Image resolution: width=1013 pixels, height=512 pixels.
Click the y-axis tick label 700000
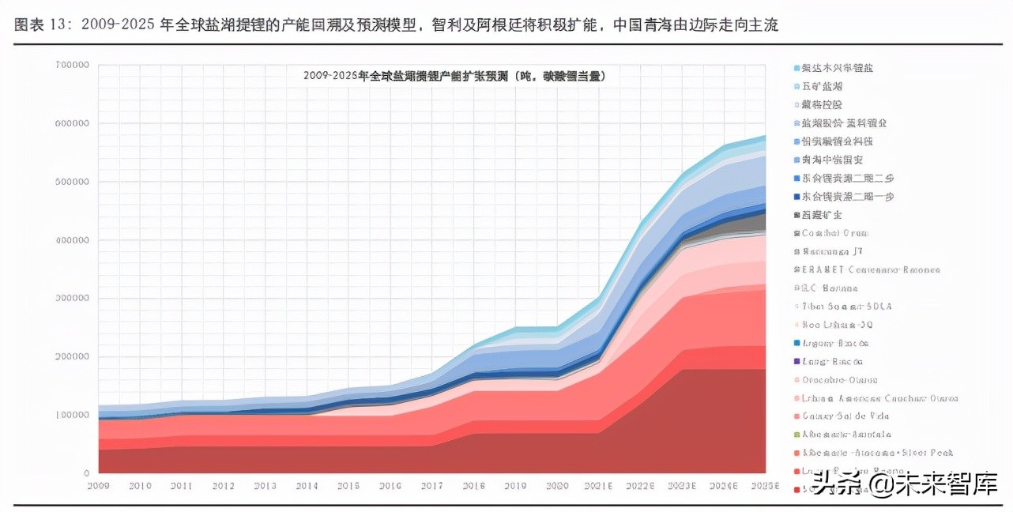coord(73,65)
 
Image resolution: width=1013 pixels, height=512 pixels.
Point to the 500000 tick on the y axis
coord(73,182)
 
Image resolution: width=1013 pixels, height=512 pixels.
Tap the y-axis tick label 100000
coord(73,415)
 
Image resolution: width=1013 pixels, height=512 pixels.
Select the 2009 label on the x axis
coord(99,485)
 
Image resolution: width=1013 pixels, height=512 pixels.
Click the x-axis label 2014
coord(307,485)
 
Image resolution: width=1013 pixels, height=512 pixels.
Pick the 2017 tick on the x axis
coord(431,485)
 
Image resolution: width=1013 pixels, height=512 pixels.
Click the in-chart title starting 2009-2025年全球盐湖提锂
coord(454,77)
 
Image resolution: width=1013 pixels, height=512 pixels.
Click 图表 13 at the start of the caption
coord(39,25)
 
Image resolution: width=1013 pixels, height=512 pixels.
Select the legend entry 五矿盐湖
coord(822,86)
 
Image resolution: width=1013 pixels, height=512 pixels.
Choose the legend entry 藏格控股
coord(822,104)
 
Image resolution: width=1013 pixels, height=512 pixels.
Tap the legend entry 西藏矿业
coord(822,215)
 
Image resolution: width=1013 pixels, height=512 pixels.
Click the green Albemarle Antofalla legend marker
coord(797,435)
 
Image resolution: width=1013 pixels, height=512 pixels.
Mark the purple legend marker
coord(797,362)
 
